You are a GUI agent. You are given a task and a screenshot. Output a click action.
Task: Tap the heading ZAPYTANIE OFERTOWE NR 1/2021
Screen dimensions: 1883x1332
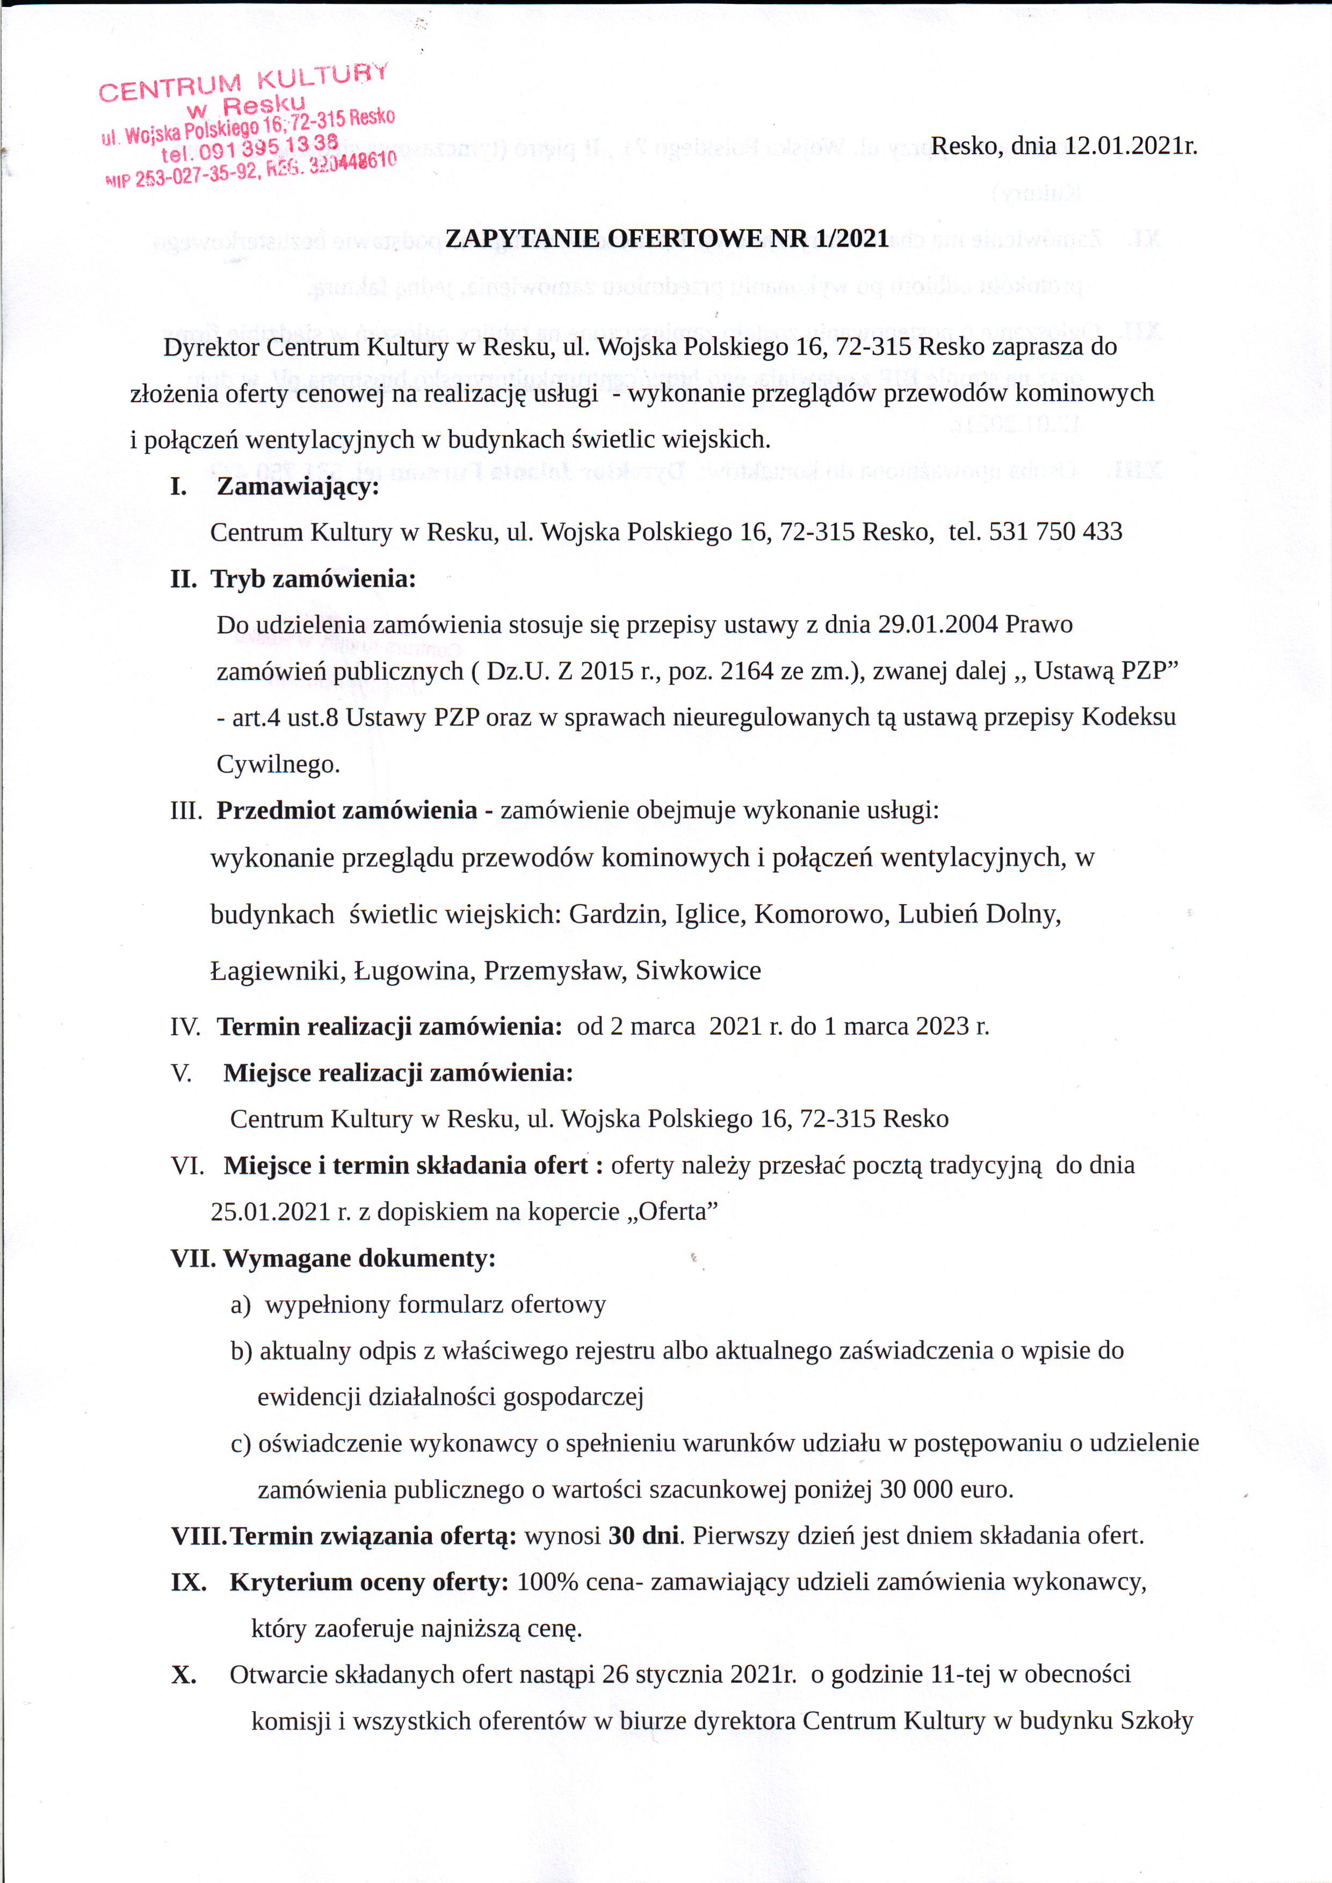[667, 238]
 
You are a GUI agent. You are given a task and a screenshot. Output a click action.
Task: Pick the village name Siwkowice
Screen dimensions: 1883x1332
[698, 970]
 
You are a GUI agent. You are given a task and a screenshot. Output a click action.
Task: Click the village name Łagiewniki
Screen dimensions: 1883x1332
[278, 970]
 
